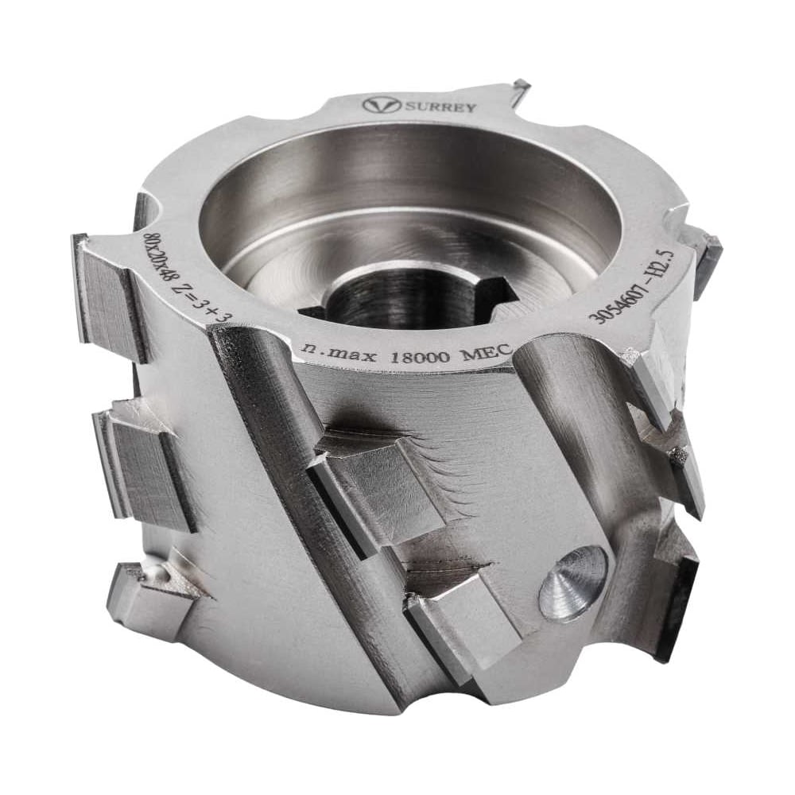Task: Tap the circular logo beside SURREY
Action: [x=378, y=105]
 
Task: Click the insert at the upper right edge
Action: [x=706, y=254]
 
